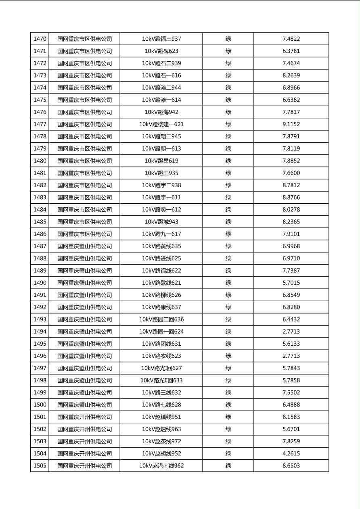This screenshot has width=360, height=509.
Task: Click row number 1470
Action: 40,39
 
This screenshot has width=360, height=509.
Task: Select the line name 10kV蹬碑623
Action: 161,51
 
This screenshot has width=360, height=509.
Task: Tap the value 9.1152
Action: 291,124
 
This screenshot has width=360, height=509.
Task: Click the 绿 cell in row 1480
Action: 228,161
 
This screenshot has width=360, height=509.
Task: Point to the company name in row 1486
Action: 84,234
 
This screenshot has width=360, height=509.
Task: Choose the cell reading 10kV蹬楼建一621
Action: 161,124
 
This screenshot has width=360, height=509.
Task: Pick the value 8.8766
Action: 291,197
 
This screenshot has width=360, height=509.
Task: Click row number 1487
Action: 40,246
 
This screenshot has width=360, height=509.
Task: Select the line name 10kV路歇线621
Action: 161,283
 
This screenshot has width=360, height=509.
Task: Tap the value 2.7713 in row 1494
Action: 291,332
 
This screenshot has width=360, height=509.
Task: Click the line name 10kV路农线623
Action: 161,356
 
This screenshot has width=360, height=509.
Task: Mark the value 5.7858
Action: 291,380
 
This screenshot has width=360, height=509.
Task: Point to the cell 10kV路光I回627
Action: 161,368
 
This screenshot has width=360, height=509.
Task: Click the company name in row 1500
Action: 84,405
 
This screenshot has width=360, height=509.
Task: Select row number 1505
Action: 40,465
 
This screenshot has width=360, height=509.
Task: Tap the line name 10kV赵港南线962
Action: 161,465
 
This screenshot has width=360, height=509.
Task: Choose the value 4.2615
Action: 291,453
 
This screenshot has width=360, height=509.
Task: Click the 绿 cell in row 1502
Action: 228,429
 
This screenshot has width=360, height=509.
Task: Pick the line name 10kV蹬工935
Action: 161,173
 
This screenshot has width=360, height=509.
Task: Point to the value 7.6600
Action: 291,173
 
